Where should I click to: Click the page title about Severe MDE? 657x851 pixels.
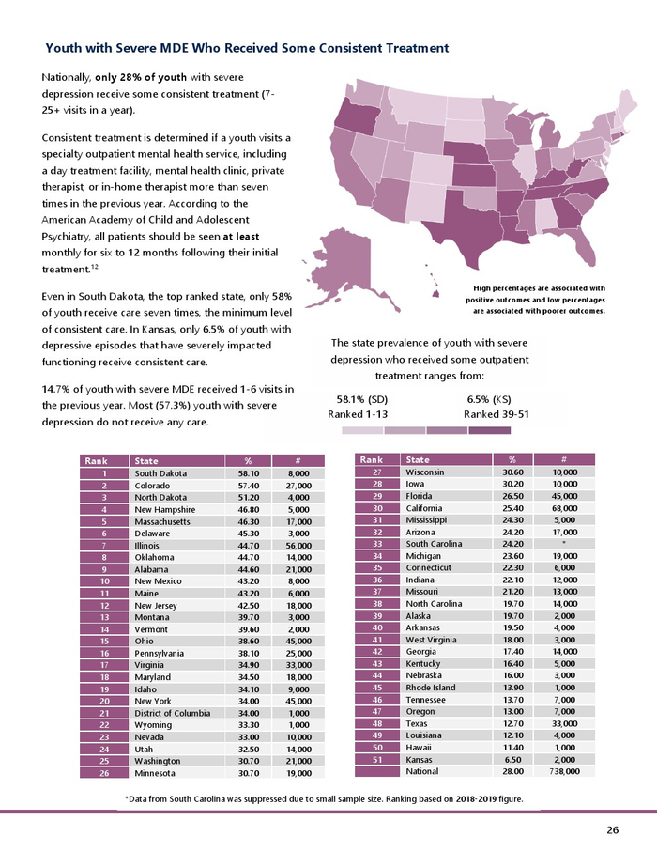[247, 47]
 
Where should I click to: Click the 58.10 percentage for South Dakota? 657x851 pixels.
[248, 473]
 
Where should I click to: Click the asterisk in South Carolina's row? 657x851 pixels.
[561, 544]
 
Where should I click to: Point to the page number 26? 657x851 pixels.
[612, 829]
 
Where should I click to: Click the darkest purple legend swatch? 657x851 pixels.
[489, 430]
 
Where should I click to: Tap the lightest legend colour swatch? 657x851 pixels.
[362, 430]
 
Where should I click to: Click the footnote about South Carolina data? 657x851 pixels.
[324, 799]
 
